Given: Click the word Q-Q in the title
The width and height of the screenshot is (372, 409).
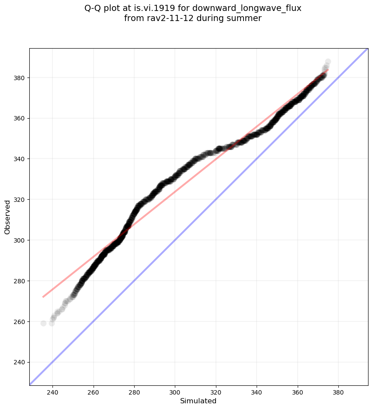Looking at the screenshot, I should tap(93, 8).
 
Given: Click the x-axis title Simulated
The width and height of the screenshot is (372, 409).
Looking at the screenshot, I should tap(198, 401).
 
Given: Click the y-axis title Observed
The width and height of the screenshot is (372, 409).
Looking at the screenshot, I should tap(7, 217).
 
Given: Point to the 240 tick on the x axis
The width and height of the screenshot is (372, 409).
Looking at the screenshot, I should tap(53, 390).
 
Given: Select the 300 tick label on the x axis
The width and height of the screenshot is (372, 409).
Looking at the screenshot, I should tap(175, 390).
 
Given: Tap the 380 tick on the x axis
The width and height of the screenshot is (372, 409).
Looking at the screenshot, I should tap(338, 390).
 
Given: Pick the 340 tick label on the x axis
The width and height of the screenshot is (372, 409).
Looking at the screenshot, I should tap(257, 390).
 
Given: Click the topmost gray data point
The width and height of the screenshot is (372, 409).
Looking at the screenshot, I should tap(328, 62).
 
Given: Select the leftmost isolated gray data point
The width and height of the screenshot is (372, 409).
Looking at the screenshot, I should tap(43, 323).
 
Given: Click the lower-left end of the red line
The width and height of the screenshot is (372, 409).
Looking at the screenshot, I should tap(43, 297).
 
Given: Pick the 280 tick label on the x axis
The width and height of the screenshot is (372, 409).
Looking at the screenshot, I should tap(134, 390).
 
